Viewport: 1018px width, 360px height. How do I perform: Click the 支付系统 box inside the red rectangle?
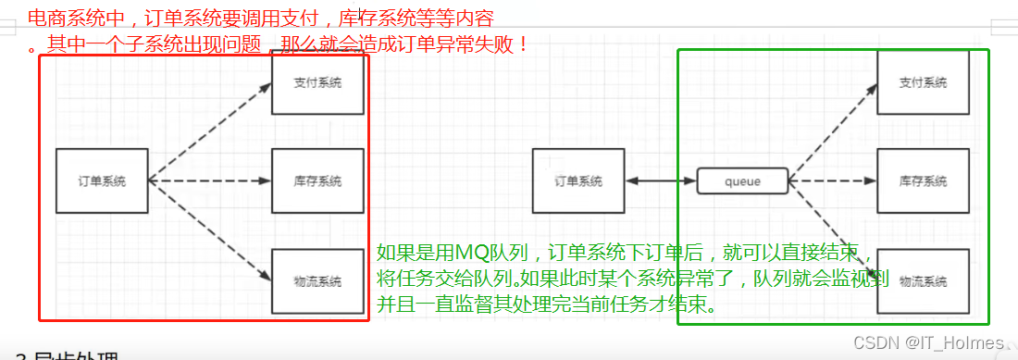(x=317, y=84)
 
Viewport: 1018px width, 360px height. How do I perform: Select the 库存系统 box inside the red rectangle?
(x=317, y=180)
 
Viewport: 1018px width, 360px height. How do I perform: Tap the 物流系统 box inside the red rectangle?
(x=317, y=280)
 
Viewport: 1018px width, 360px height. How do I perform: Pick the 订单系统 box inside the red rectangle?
(x=102, y=180)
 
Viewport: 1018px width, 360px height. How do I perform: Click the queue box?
(x=742, y=181)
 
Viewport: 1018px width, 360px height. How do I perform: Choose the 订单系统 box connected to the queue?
(x=579, y=180)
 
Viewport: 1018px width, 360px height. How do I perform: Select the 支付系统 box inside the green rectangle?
(x=923, y=83)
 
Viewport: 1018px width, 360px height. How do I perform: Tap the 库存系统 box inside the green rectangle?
(x=923, y=181)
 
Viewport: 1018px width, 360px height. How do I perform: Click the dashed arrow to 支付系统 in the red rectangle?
(x=210, y=130)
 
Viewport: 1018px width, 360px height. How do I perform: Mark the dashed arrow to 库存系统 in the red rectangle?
(x=210, y=180)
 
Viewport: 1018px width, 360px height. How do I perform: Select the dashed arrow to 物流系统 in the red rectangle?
(x=210, y=230)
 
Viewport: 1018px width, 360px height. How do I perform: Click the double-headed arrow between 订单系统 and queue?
(x=662, y=181)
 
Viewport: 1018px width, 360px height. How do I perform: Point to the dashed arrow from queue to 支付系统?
(x=833, y=130)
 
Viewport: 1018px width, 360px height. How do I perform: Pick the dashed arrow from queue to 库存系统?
(x=833, y=181)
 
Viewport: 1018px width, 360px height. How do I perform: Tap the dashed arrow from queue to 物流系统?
(x=833, y=227)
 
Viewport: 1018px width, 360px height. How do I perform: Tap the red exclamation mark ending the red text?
(x=524, y=43)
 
